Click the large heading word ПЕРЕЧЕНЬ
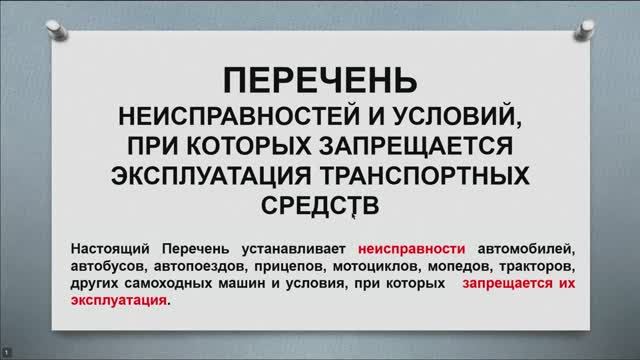[x=319, y=80]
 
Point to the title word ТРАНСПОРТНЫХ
[x=430, y=174]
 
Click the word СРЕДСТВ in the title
[x=319, y=203]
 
